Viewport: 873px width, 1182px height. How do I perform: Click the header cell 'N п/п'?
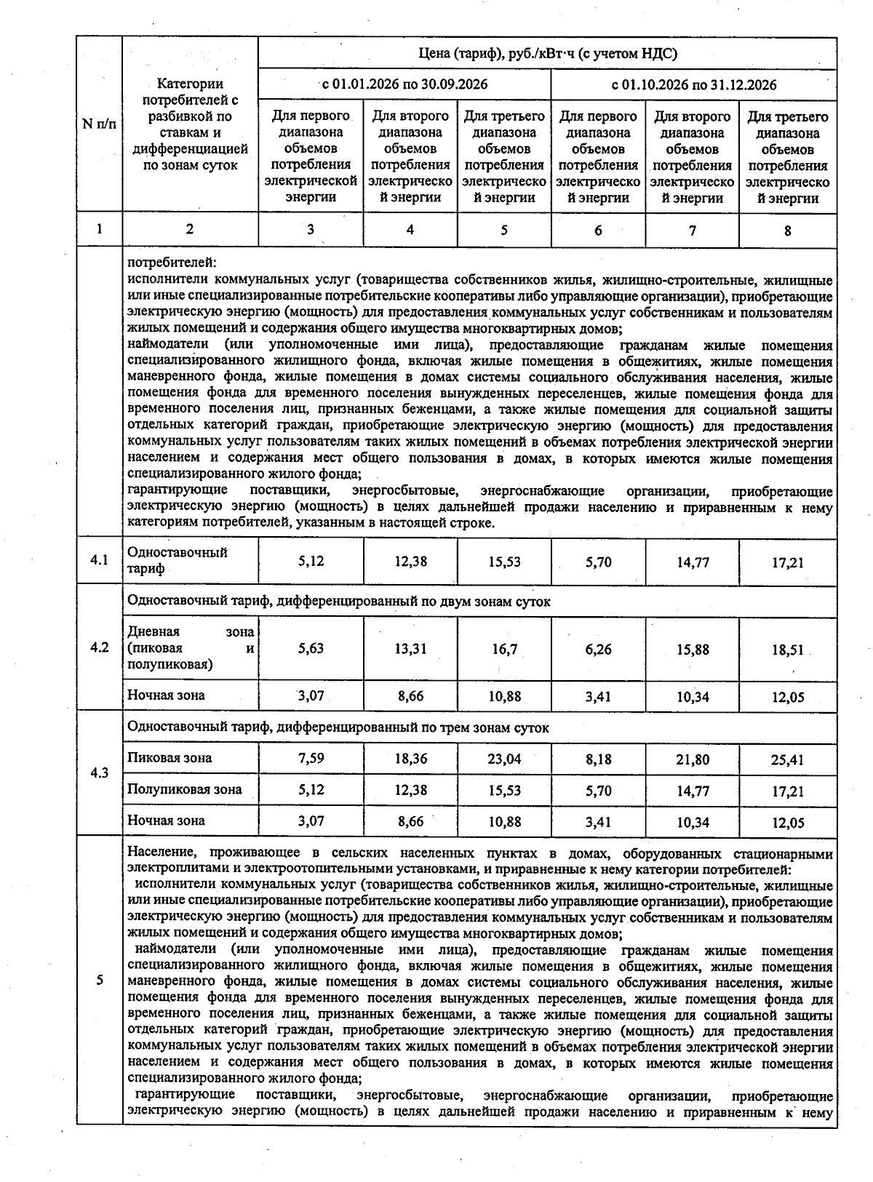[x=99, y=124]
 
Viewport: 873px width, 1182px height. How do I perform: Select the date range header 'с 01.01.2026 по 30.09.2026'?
[x=404, y=84]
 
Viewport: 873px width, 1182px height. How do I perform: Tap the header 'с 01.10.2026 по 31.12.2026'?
[x=693, y=84]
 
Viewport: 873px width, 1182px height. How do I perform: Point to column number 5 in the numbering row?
[x=503, y=230]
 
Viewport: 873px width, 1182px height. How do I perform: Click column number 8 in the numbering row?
[x=787, y=231]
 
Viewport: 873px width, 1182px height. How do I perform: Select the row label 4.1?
[x=100, y=560]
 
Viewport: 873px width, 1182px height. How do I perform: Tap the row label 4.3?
[x=100, y=772]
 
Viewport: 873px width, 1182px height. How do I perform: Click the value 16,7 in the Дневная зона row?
[x=504, y=649]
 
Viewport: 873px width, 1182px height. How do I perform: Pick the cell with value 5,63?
[x=311, y=649]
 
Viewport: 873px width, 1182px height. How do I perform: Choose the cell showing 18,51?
[x=787, y=650]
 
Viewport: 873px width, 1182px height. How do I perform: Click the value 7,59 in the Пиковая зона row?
[x=311, y=759]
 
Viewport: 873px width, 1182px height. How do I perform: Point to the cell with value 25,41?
[x=787, y=760]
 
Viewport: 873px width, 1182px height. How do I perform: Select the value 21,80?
[x=693, y=759]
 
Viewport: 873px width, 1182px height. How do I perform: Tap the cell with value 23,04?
[x=504, y=759]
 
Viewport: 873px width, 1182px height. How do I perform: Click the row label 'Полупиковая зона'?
[x=185, y=789]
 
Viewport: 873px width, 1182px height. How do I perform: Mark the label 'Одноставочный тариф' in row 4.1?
[x=178, y=560]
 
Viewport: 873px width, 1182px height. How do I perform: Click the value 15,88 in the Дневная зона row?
[x=693, y=650]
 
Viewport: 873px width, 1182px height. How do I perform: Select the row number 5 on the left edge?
[x=100, y=980]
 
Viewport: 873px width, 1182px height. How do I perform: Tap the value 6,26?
[x=598, y=650]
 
